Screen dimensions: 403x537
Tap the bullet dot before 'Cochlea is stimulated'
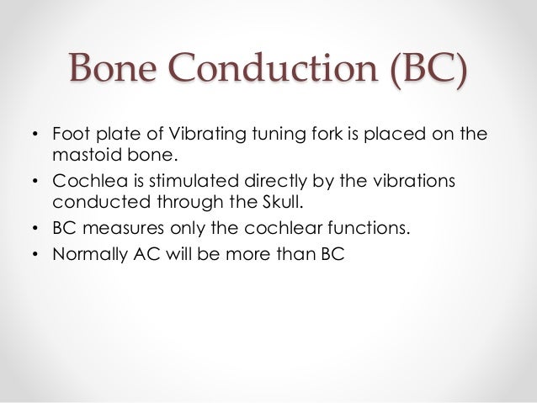pyautogui.click(x=35, y=183)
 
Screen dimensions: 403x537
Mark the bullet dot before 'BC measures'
pyautogui.click(x=35, y=229)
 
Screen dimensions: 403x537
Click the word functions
pyautogui.click(x=364, y=228)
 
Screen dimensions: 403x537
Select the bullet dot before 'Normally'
pyautogui.click(x=35, y=255)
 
